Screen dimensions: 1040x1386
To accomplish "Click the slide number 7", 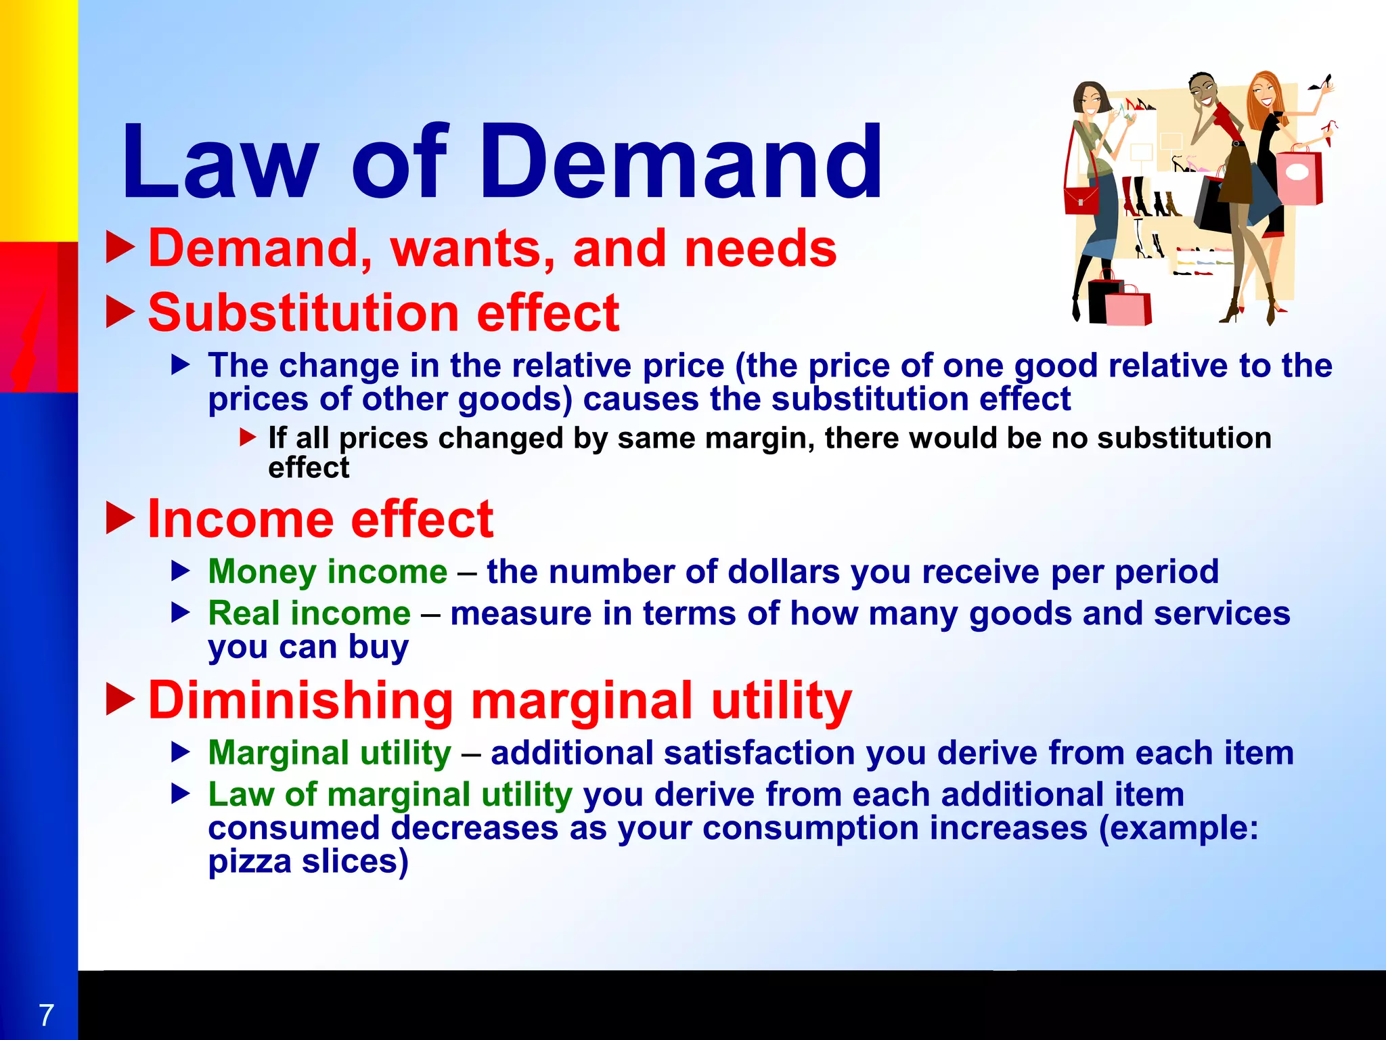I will tap(46, 1015).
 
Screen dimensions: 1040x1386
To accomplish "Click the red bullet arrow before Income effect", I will tap(121, 518).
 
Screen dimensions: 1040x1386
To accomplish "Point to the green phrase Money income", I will tap(328, 571).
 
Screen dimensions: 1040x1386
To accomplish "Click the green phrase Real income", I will tap(309, 613).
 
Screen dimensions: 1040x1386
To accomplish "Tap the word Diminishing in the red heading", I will tap(300, 700).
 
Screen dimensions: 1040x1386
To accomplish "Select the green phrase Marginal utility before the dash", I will tap(330, 753).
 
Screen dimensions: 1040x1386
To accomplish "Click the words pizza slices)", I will tap(308, 862).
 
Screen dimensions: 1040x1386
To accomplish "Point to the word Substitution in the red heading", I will tap(305, 313).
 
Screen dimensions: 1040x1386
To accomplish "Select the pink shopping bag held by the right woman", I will tap(1298, 177).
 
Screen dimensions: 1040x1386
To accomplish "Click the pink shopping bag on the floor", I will tap(1129, 307).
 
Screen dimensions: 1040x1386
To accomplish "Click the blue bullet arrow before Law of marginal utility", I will tap(181, 794).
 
